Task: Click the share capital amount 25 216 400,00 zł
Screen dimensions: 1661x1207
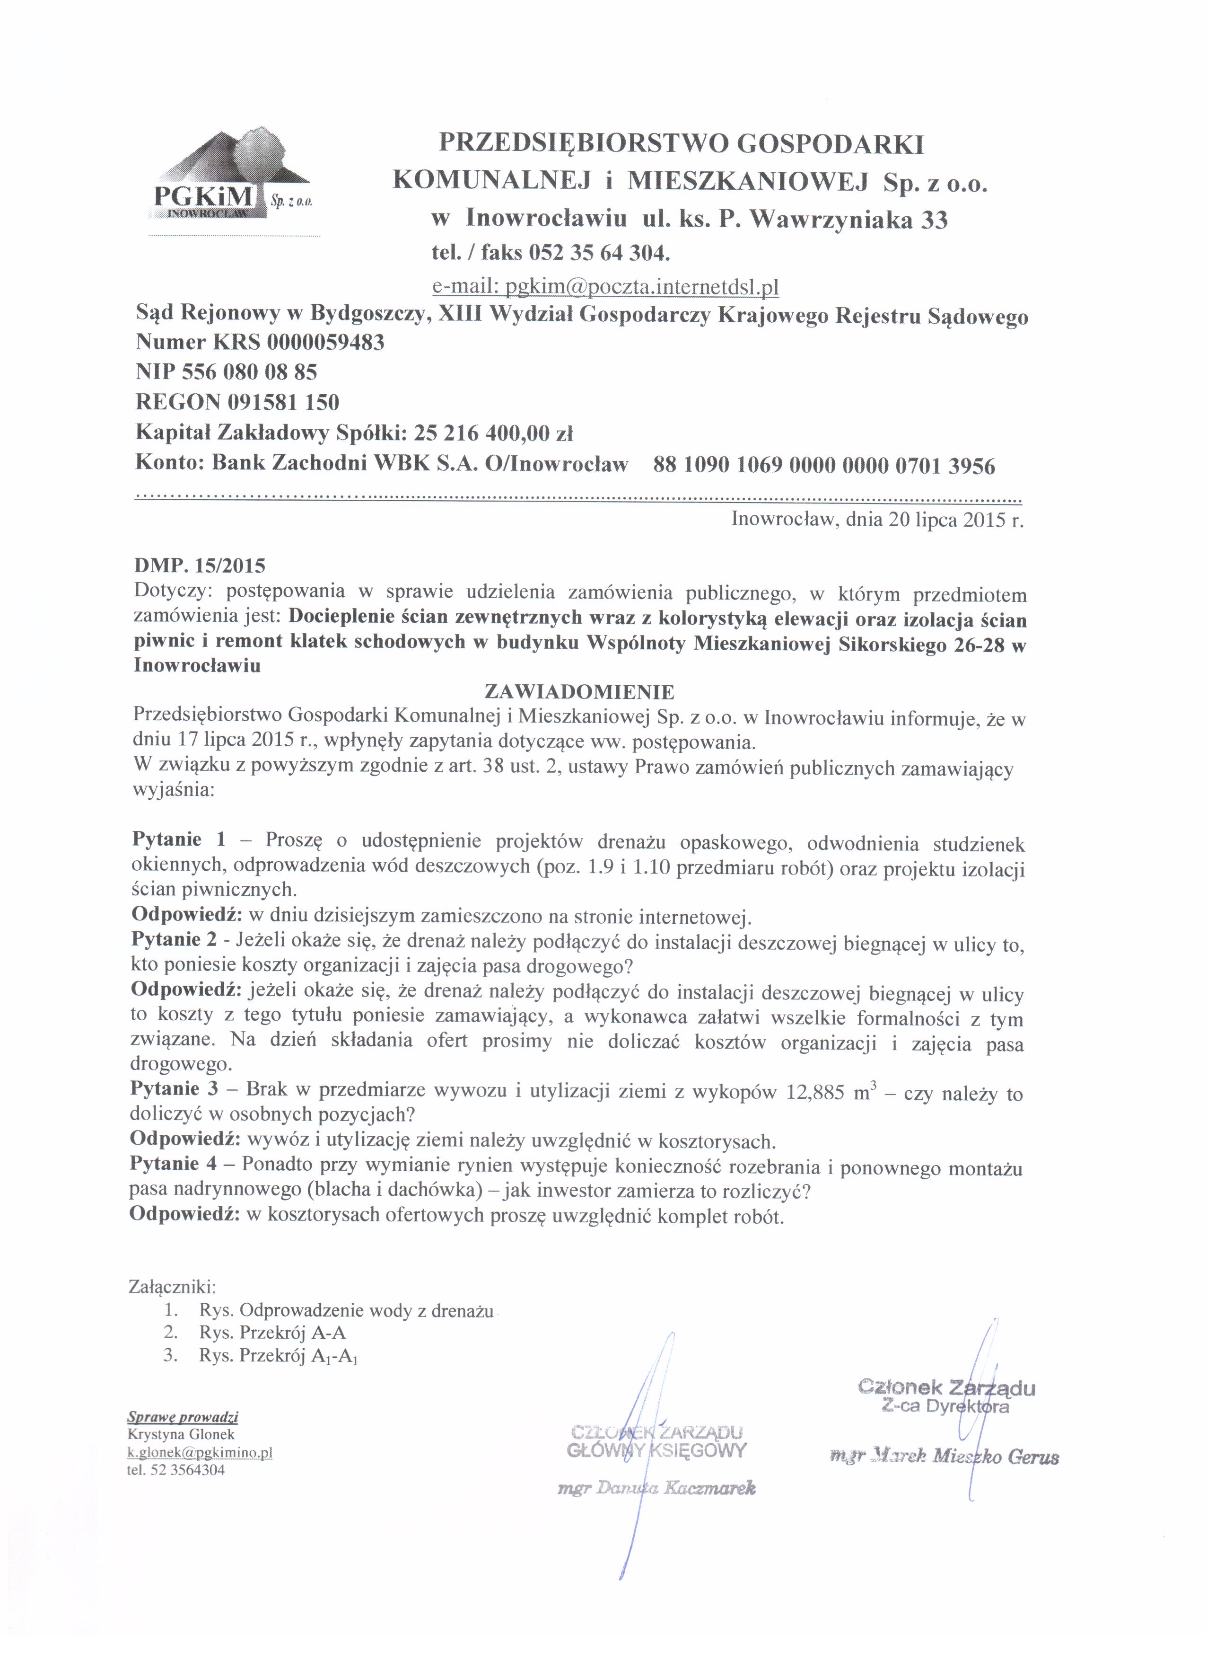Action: pyautogui.click(x=493, y=433)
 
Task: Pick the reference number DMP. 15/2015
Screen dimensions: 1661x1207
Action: pyautogui.click(x=200, y=566)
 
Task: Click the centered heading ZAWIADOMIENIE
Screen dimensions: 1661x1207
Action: pyautogui.click(x=580, y=691)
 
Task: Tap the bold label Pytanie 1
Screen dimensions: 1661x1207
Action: pyautogui.click(x=179, y=840)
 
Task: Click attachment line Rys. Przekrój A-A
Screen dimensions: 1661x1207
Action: pyautogui.click(x=272, y=1333)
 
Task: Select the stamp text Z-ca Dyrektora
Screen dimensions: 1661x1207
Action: pyautogui.click(x=946, y=1406)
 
